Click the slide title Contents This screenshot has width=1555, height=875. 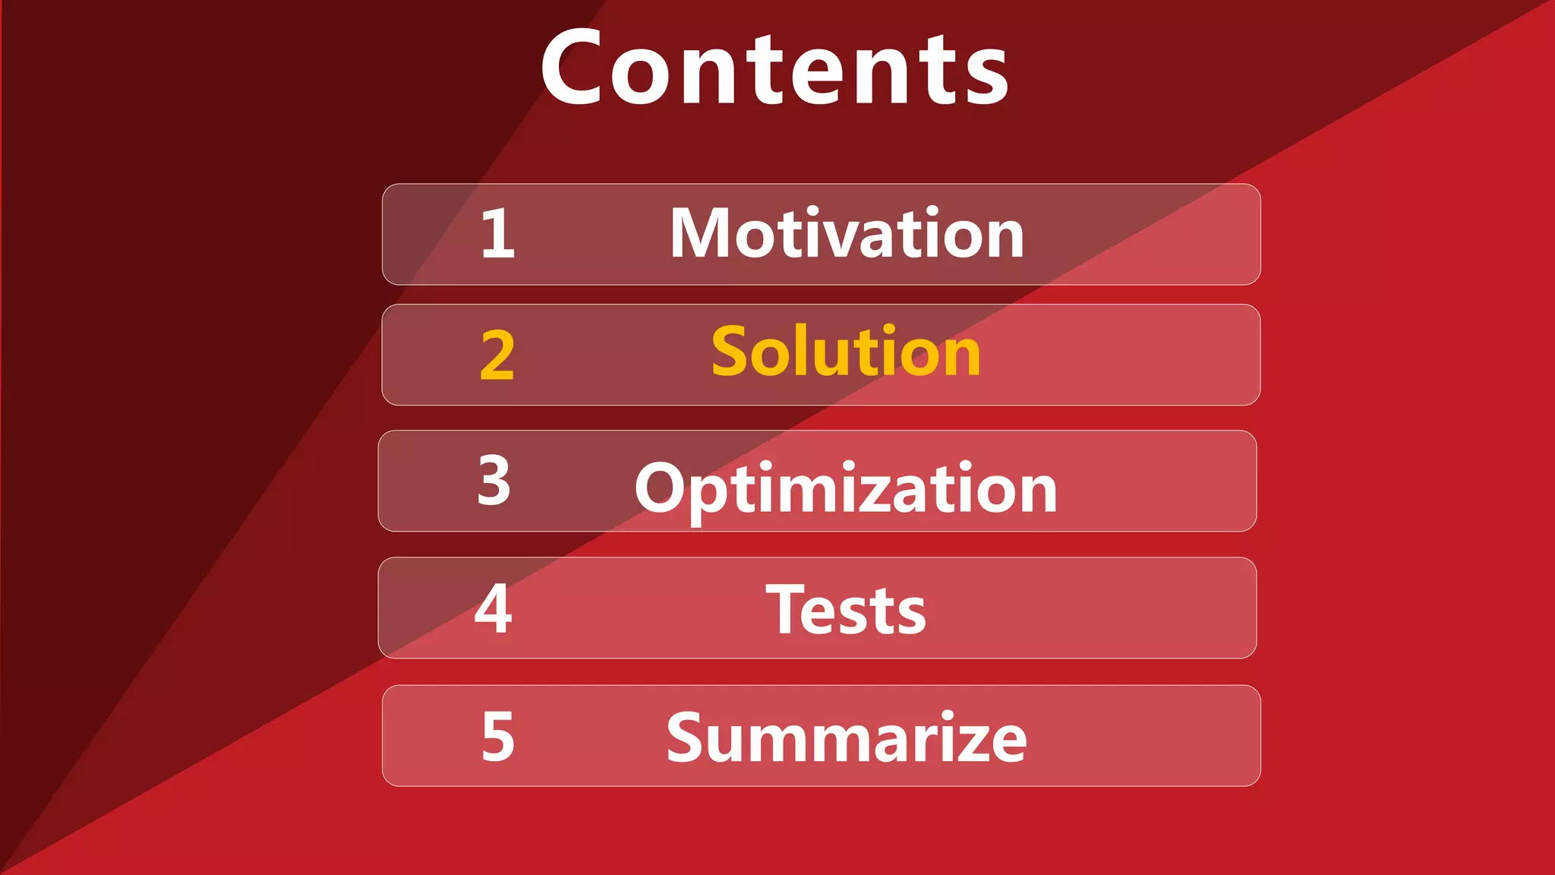(774, 68)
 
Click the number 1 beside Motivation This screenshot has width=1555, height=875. (498, 234)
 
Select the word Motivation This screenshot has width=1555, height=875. (847, 234)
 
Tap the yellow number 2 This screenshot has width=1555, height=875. (497, 355)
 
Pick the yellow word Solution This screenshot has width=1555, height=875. (846, 352)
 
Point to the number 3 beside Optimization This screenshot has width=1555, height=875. (494, 480)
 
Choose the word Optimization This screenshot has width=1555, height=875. (846, 489)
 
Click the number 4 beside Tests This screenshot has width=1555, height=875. (493, 608)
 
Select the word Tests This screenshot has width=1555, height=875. (846, 610)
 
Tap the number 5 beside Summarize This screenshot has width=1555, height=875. (498, 736)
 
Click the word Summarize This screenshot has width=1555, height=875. (847, 738)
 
